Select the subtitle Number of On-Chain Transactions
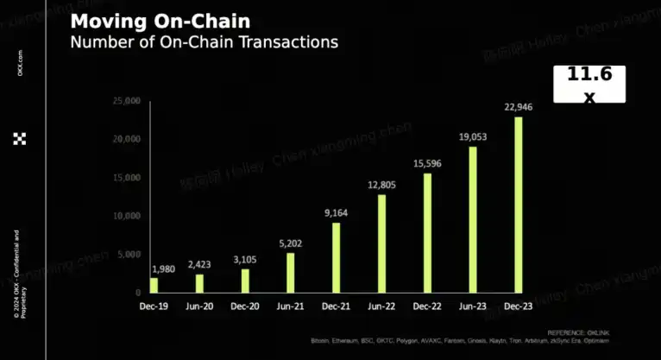[204, 41]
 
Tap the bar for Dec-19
[154, 284]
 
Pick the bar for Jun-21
[291, 272]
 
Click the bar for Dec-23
[519, 205]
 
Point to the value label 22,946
[519, 108]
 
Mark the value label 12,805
[382, 186]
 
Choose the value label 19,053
[473, 137]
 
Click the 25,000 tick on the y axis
[126, 101]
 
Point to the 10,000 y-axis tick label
[126, 216]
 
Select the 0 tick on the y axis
[137, 293]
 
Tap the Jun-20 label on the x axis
[199, 306]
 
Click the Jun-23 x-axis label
[473, 306]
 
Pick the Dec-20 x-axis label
[245, 306]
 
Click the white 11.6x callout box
[589, 84]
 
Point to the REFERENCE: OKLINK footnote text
[573, 332]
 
